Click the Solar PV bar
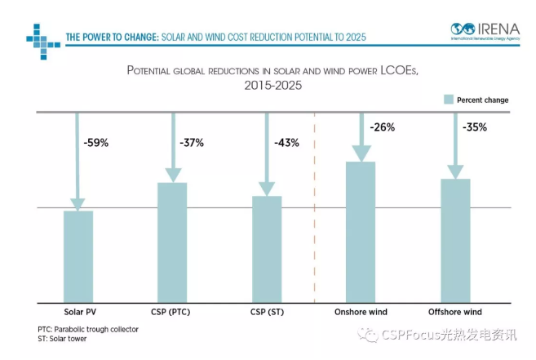(x=78, y=256)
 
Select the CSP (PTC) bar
(x=172, y=242)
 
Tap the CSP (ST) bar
(x=267, y=249)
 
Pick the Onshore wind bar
(x=361, y=232)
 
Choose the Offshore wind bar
(x=455, y=240)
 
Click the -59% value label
(x=95, y=143)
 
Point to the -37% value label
(x=191, y=143)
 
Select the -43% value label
(x=286, y=143)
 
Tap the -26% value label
(x=382, y=127)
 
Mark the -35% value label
(x=476, y=127)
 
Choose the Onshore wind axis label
(x=361, y=312)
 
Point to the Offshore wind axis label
(x=455, y=312)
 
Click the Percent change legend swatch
(x=448, y=100)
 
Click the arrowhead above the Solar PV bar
(x=78, y=203)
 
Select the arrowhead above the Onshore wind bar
(x=361, y=153)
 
